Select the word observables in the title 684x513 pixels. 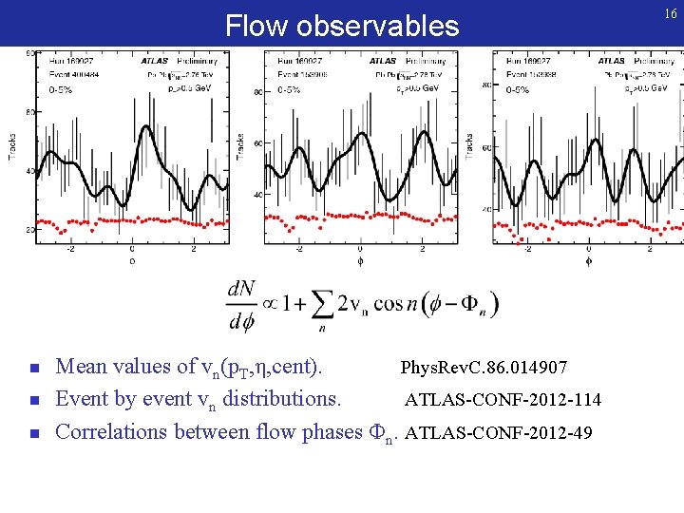tap(377, 26)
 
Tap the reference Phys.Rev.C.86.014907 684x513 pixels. tap(484, 368)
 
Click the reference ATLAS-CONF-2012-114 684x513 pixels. tap(503, 400)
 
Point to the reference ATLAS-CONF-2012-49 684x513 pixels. tap(504, 433)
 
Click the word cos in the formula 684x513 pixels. tap(388, 303)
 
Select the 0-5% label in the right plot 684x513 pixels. tap(517, 90)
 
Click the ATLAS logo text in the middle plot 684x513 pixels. tap(382, 61)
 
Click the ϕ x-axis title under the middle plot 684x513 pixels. tap(359, 259)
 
